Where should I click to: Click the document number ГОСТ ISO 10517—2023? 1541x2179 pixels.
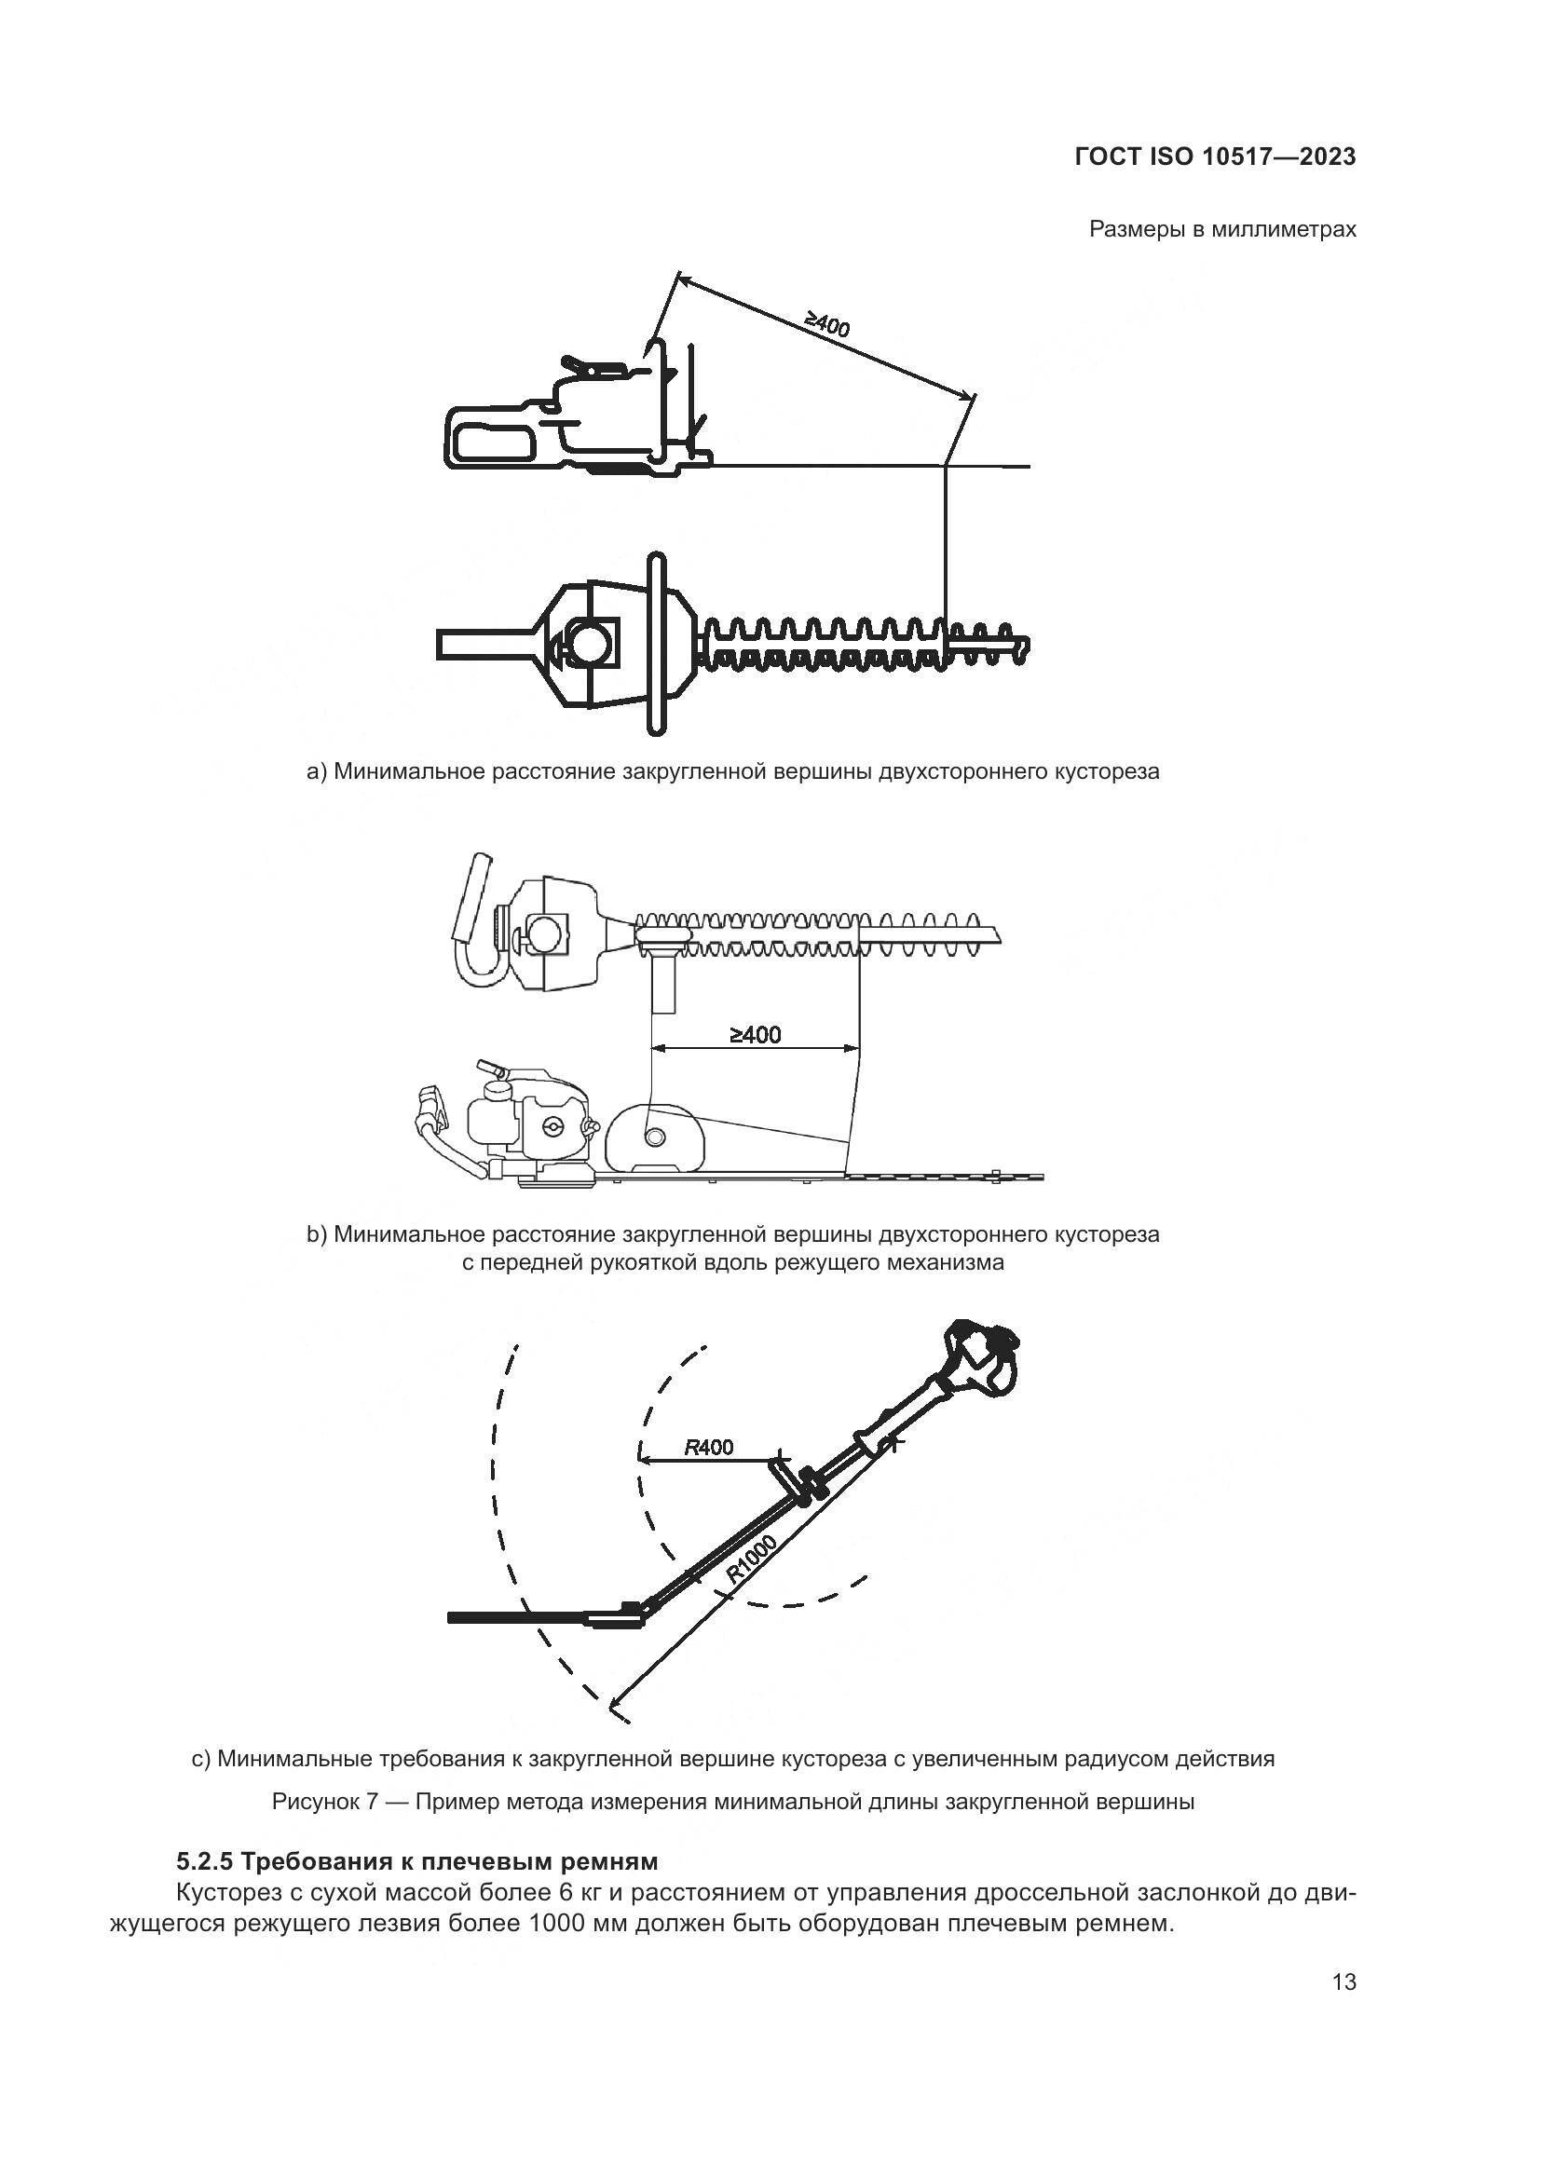pyautogui.click(x=1215, y=157)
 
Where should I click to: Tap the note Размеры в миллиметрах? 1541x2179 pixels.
pyautogui.click(x=1222, y=229)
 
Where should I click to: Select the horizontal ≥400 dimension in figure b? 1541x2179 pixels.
pyautogui.click(x=756, y=1034)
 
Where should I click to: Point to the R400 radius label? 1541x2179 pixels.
pyautogui.click(x=709, y=1448)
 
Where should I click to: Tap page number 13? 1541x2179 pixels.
pyautogui.click(x=1343, y=1982)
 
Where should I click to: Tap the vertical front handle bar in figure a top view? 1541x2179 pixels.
pyautogui.click(x=656, y=644)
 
